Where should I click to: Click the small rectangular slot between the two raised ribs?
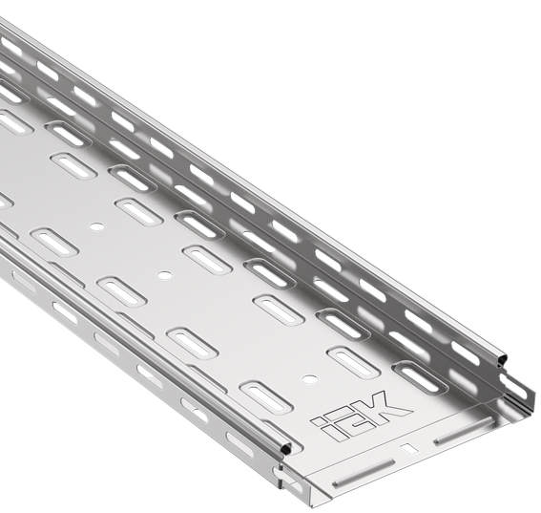(x=408, y=448)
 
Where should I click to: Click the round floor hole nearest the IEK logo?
(x=309, y=379)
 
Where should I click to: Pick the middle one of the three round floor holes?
(x=165, y=275)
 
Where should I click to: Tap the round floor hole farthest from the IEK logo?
(x=97, y=226)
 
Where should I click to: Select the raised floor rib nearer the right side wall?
(x=463, y=430)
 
